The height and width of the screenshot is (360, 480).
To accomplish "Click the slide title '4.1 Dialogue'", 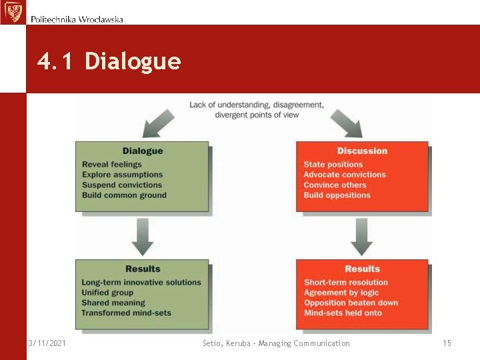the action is click(109, 61).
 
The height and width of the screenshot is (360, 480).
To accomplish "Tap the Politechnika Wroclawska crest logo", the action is click(13, 12).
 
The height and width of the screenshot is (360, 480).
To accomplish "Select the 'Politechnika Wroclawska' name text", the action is click(77, 19).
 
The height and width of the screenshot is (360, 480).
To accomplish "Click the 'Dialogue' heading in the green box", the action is click(143, 151).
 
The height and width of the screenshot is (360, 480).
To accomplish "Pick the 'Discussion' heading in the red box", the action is click(362, 151).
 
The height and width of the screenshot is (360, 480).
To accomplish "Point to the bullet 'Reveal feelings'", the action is click(112, 165).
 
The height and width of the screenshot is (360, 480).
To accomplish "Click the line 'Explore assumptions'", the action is click(122, 175).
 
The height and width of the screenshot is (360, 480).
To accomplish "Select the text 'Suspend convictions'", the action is click(122, 185).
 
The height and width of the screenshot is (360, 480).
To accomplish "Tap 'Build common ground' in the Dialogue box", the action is click(124, 195).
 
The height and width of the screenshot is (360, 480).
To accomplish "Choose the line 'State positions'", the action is click(333, 165).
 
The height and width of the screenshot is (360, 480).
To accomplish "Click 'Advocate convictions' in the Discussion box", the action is click(345, 175).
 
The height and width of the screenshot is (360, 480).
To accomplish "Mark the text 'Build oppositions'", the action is click(337, 195).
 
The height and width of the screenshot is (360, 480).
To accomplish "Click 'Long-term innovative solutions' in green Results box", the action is click(141, 283).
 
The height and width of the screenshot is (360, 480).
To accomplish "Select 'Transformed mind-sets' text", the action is click(126, 313).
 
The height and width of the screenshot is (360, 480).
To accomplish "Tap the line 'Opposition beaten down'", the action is click(351, 303).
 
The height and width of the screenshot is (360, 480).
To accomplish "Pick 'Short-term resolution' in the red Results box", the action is click(345, 283).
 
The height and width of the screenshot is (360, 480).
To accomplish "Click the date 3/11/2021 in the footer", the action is click(47, 343).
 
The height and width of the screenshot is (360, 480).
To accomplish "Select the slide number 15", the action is click(447, 343).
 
